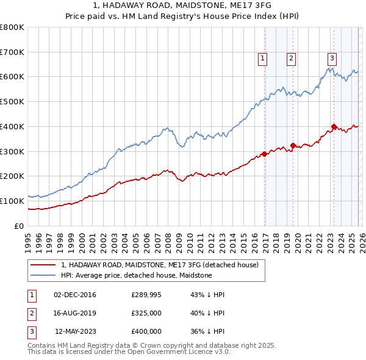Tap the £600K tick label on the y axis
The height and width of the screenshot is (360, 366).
pos(12,77)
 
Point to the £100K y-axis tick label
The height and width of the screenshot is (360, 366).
pos(12,201)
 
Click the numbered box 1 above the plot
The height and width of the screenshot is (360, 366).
pos(262,59)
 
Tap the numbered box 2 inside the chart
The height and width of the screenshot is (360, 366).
pos(291,59)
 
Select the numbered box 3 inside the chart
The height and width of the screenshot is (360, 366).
pos(332,59)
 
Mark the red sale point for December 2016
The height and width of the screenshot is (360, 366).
pos(264,154)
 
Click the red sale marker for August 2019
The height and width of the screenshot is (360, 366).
pos(293,145)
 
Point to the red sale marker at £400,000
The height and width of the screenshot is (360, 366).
pos(334,127)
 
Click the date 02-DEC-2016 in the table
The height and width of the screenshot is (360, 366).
pos(75,295)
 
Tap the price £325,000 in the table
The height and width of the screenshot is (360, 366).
pos(146,313)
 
